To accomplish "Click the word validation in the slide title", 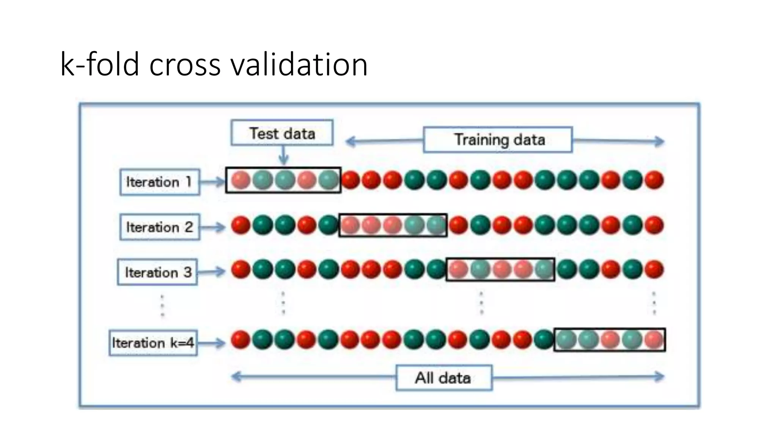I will [x=299, y=64].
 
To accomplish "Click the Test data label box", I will [x=282, y=133].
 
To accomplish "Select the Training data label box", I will [x=498, y=140].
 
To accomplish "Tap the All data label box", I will [x=444, y=378].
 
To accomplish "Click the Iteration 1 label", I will [x=160, y=182].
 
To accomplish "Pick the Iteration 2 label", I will [x=160, y=227].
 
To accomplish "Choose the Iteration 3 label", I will [x=157, y=272].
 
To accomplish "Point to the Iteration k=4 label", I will [x=153, y=343].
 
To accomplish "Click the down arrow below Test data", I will [x=283, y=156].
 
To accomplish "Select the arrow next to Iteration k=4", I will [x=212, y=343].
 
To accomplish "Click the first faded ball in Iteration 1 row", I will [x=241, y=180].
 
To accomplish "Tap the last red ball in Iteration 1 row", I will [x=654, y=180].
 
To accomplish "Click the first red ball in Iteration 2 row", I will [x=241, y=225].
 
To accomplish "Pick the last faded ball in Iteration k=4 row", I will [x=654, y=340].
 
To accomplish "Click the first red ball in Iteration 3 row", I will [x=241, y=270].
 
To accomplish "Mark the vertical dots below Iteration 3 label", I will [x=162, y=306].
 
